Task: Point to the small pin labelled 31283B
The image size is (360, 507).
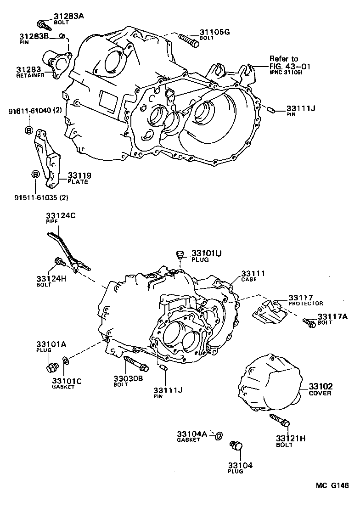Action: [x=63, y=36]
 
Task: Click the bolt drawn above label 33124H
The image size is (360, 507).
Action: [x=59, y=262]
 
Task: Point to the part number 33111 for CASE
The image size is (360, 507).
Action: [x=253, y=273]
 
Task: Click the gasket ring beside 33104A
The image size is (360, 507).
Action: [x=219, y=434]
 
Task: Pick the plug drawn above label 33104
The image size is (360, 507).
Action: [x=236, y=446]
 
